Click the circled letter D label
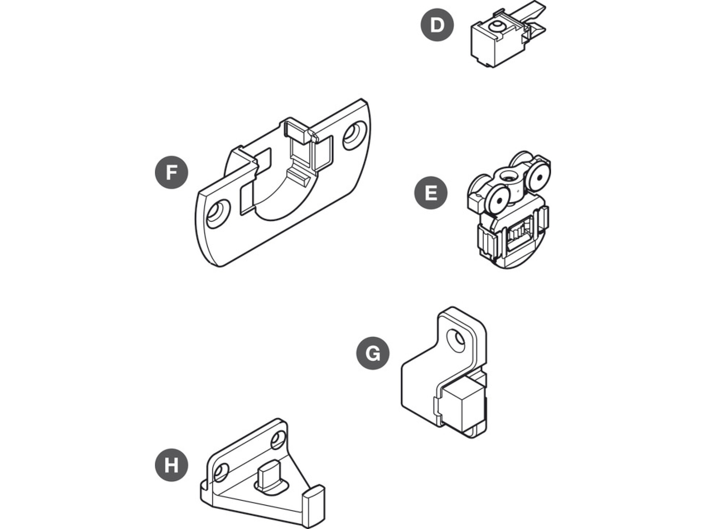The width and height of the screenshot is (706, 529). point(437,25)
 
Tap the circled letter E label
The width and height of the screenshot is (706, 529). point(431,193)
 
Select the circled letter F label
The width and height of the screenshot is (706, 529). point(171,172)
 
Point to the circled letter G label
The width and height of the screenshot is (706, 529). point(373,353)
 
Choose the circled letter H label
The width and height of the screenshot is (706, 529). point(171,466)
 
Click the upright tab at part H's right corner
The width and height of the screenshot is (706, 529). point(316,505)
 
